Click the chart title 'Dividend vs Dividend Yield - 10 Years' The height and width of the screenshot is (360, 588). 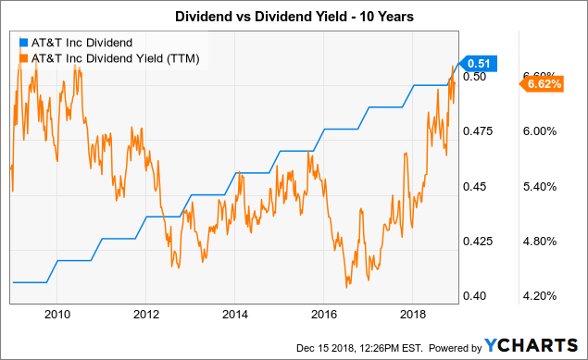point(294,16)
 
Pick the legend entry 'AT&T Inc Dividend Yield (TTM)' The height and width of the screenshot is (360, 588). point(114,58)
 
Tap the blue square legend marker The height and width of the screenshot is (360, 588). point(22,43)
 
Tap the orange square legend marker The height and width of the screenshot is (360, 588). point(22,58)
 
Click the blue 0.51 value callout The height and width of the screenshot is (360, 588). point(480,63)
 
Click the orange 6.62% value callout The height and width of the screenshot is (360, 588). point(544,85)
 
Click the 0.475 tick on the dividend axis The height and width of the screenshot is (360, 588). point(478,131)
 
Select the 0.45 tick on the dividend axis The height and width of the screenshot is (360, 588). point(474,187)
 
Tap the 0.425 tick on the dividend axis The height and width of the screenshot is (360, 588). point(478,242)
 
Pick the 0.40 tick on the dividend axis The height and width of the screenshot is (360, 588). point(474,296)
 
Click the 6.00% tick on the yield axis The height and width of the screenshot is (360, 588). point(539,131)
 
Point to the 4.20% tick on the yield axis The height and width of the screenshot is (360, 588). point(539,296)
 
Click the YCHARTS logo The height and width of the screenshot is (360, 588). point(535,345)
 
